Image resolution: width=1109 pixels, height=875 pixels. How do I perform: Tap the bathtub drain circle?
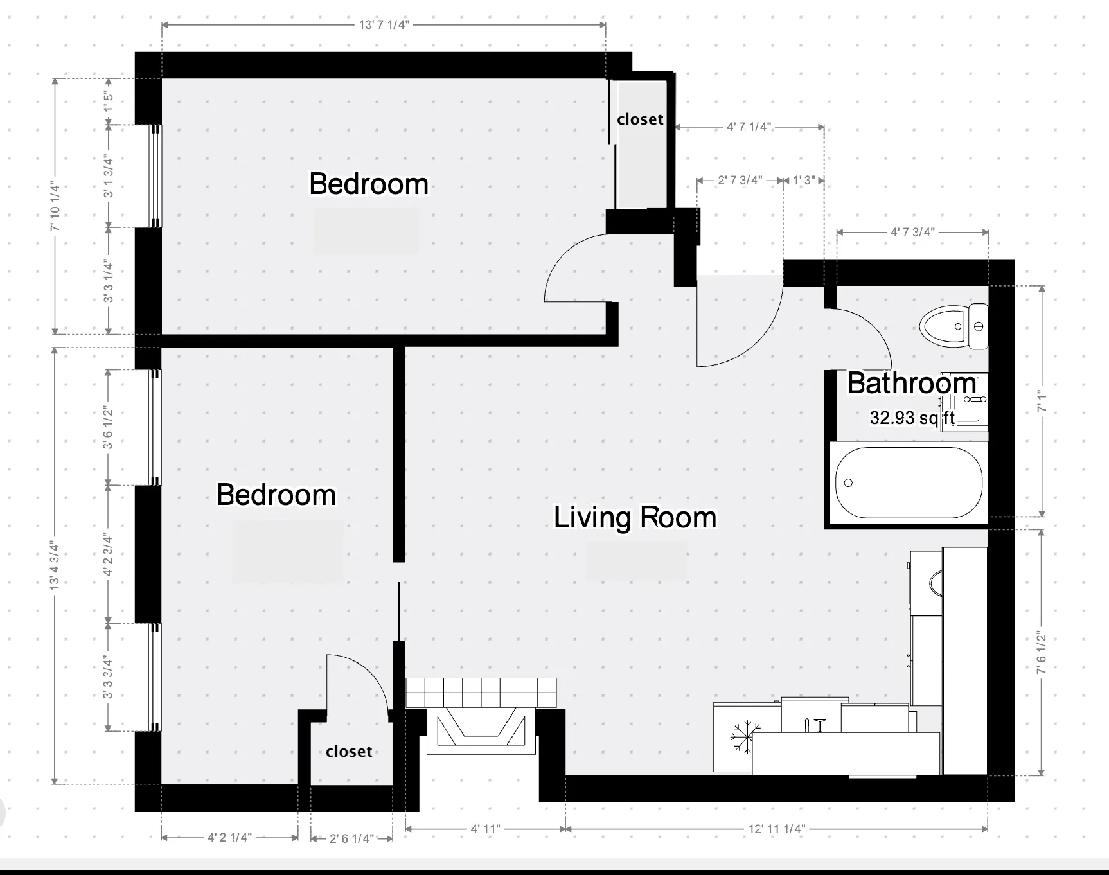848,482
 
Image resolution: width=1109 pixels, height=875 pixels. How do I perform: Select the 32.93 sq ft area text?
912,418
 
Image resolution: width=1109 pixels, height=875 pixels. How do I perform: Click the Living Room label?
635,517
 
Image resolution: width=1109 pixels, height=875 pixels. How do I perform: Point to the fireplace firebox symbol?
478,727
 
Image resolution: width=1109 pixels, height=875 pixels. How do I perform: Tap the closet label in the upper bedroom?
640,119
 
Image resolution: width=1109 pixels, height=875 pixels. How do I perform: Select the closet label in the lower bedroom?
349,752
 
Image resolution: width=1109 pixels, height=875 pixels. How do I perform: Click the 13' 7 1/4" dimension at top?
384,25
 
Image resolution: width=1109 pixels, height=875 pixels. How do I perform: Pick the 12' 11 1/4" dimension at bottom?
776,829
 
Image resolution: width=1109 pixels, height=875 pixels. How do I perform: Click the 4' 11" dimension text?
485,829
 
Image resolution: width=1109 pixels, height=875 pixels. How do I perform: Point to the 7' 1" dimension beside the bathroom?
1042,402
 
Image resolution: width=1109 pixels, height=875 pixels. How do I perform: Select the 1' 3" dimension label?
804,181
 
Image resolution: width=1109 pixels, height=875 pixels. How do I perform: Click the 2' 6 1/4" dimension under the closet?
351,838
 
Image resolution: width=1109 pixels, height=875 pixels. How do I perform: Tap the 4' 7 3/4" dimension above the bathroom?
912,232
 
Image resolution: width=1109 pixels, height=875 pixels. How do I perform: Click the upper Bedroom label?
369,184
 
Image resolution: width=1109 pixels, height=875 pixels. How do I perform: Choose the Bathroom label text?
911,383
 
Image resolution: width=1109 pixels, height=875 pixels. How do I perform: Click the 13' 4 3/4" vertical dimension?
55,566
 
